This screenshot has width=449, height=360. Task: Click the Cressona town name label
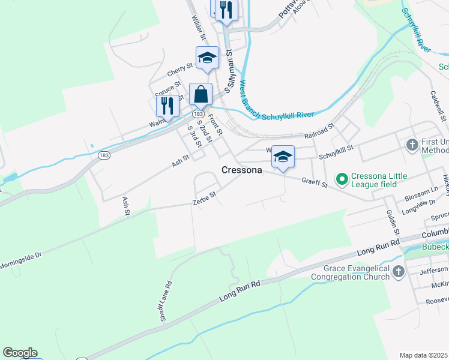pyautogui.click(x=242, y=170)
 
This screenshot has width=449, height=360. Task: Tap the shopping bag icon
pyautogui.click(x=200, y=95)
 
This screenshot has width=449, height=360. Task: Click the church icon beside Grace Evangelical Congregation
pyautogui.click(x=398, y=273)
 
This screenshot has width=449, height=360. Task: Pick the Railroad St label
pyautogui.click(x=318, y=137)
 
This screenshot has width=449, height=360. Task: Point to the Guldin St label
pyautogui.click(x=393, y=222)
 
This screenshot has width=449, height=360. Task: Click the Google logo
pyautogui.click(x=20, y=353)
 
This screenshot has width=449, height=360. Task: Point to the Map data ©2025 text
pyautogui.click(x=423, y=355)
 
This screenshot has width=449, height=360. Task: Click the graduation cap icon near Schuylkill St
pyautogui.click(x=283, y=157)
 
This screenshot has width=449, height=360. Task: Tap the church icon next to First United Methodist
pyautogui.click(x=412, y=145)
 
